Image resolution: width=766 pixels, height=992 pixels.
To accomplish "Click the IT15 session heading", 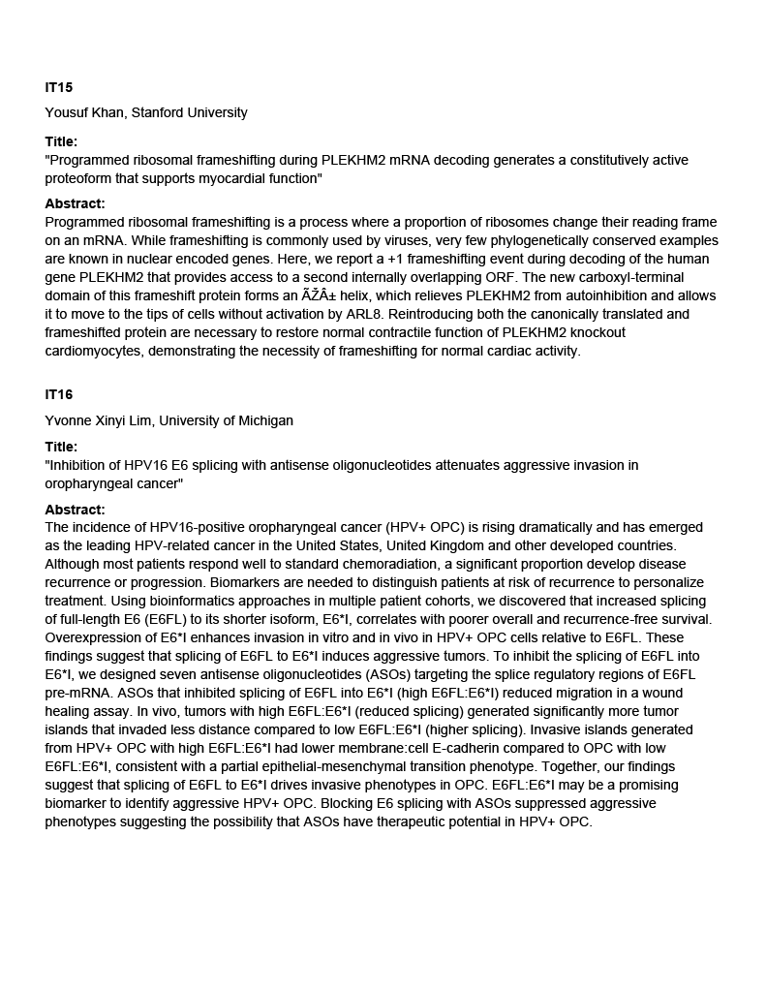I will (x=58, y=87).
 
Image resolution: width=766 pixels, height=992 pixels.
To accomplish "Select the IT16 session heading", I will (x=58, y=394).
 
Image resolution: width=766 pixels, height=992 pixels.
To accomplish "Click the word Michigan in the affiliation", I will (x=264, y=420).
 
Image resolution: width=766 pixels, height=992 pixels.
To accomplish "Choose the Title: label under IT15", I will (x=61, y=141).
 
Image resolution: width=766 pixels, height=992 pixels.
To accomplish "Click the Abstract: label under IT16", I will (x=75, y=510).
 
